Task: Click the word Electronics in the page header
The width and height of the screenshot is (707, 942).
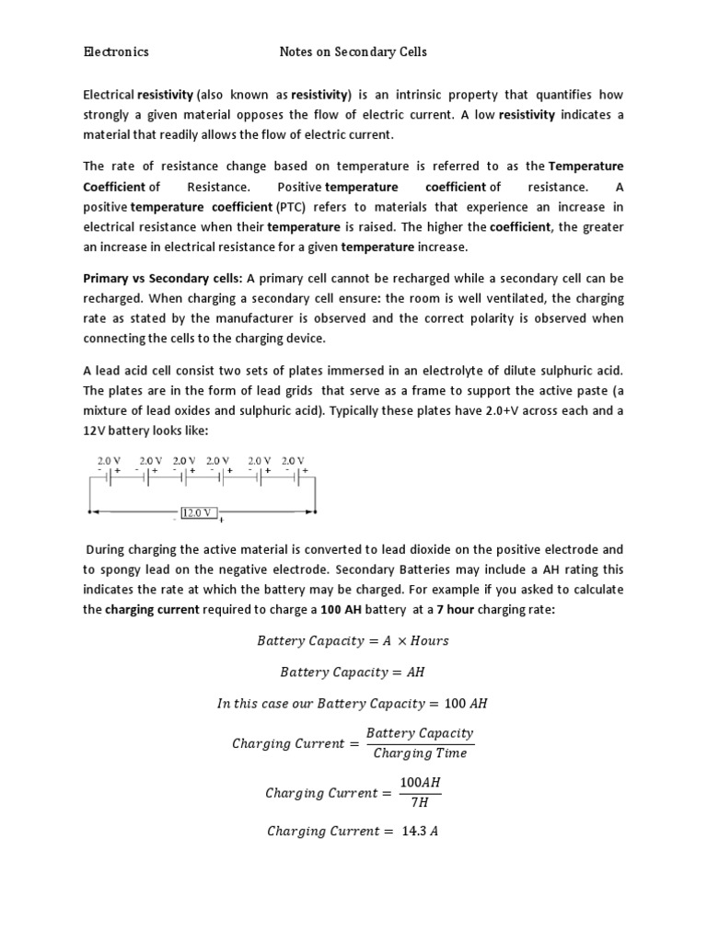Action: (x=116, y=52)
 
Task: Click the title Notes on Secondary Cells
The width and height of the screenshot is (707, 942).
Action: (x=353, y=52)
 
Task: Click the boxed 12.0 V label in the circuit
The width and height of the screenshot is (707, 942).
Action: (x=199, y=512)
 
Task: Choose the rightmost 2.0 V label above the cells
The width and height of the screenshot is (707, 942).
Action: (x=293, y=460)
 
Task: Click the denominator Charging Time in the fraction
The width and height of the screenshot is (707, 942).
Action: (x=420, y=753)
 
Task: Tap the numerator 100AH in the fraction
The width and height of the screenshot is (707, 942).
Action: (x=420, y=782)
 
